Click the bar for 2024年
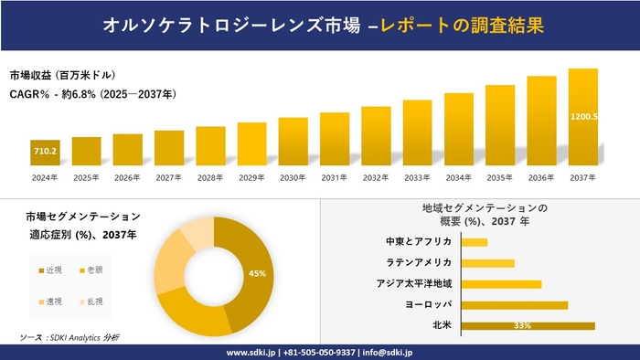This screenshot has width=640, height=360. coord(45,153)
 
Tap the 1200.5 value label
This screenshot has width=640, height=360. coord(583,116)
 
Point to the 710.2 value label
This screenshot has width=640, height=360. coord(45,151)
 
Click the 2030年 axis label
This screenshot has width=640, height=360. coord(293,177)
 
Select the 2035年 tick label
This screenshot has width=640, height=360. coord(500,177)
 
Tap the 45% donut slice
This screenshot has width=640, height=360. coord(255,273)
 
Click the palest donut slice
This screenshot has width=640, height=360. coord(197,234)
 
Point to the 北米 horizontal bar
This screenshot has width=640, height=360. coord(528,325)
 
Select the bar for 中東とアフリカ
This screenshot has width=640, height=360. coord(475,242)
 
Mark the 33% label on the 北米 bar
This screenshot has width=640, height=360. coord(523,325)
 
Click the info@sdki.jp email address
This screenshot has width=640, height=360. coord(389,352)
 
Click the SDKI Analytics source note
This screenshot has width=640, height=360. coord(69,337)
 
